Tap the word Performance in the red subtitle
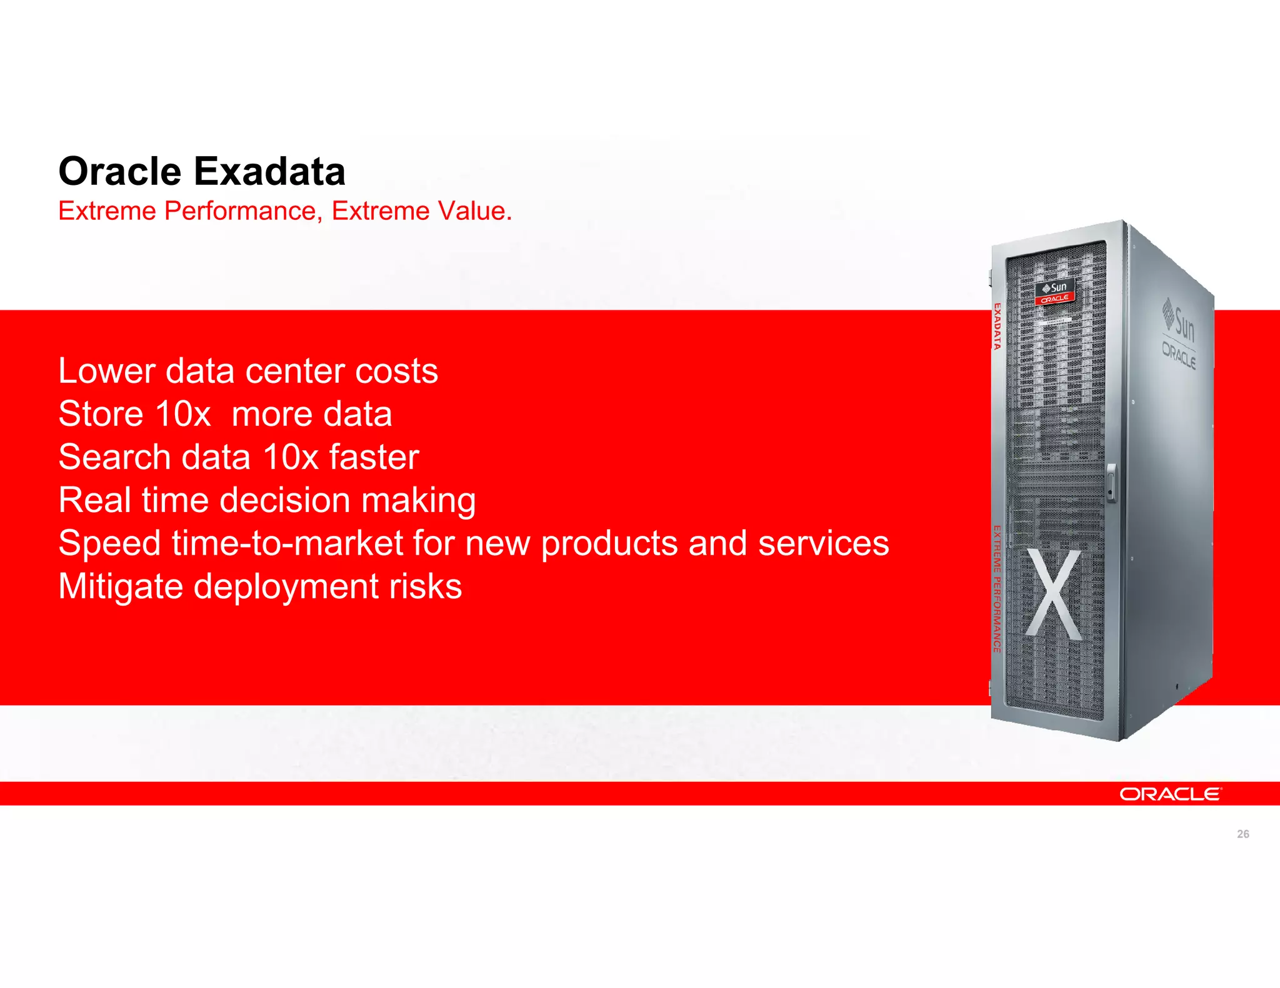click(x=240, y=211)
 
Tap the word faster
click(x=374, y=457)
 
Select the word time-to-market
click(x=287, y=543)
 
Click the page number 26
click(x=1242, y=834)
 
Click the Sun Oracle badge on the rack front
click(x=1055, y=292)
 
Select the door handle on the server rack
click(x=1111, y=482)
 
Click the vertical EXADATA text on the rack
click(x=997, y=326)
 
